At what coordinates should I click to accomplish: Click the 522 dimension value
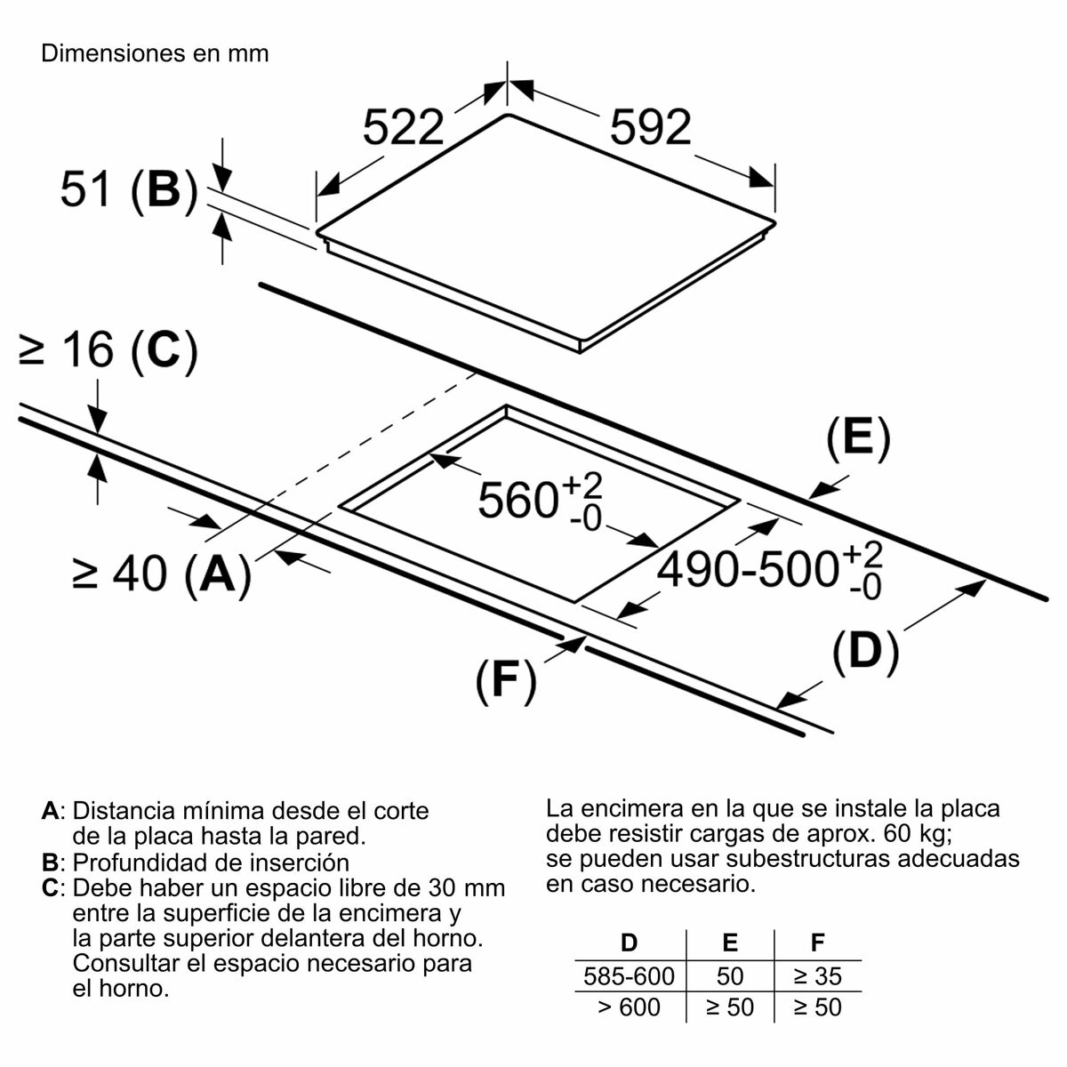[404, 129]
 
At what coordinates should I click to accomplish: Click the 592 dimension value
[650, 129]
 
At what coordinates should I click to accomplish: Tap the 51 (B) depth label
[128, 189]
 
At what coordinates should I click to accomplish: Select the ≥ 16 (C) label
[108, 351]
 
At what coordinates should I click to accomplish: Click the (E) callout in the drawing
[857, 440]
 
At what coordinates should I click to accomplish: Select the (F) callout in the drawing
[505, 682]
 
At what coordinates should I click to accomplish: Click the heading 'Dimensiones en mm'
[155, 53]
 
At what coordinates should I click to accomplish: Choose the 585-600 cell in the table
[629, 976]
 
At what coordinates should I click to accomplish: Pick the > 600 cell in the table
[629, 1007]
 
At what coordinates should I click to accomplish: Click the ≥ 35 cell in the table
[817, 976]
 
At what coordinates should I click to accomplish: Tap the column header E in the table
[729, 943]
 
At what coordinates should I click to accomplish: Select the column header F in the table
[817, 943]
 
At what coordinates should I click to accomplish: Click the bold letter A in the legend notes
[51, 811]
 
